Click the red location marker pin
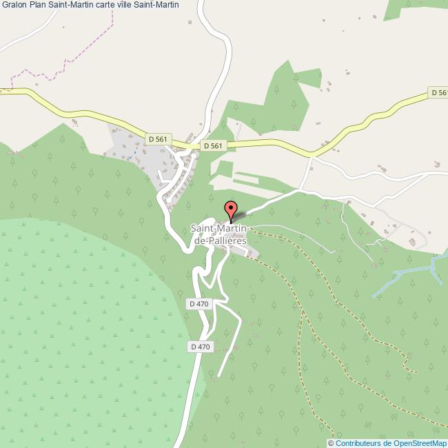click(x=231, y=207)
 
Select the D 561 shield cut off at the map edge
click(x=438, y=92)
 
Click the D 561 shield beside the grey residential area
click(x=158, y=139)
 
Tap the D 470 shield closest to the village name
click(x=198, y=303)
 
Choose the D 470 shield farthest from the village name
click(x=198, y=347)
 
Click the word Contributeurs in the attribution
click(x=358, y=442)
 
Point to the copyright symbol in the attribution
click(x=331, y=442)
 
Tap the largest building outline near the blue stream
click(x=415, y=243)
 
